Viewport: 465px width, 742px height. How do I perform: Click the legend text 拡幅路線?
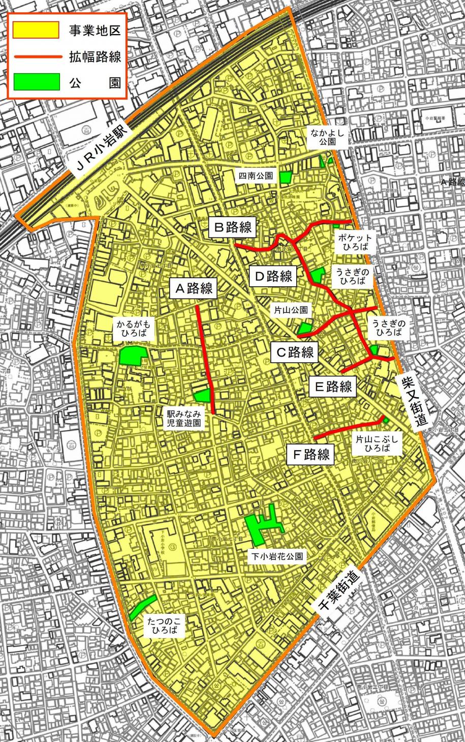pos(95,56)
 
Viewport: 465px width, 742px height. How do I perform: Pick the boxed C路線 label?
pos(295,351)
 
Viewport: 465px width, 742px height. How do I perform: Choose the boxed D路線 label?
pos(273,276)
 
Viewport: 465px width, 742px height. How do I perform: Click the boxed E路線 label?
pos(333,387)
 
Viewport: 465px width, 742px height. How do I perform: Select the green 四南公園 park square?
pos(285,177)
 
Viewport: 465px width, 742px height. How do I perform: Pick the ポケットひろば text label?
pos(354,243)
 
